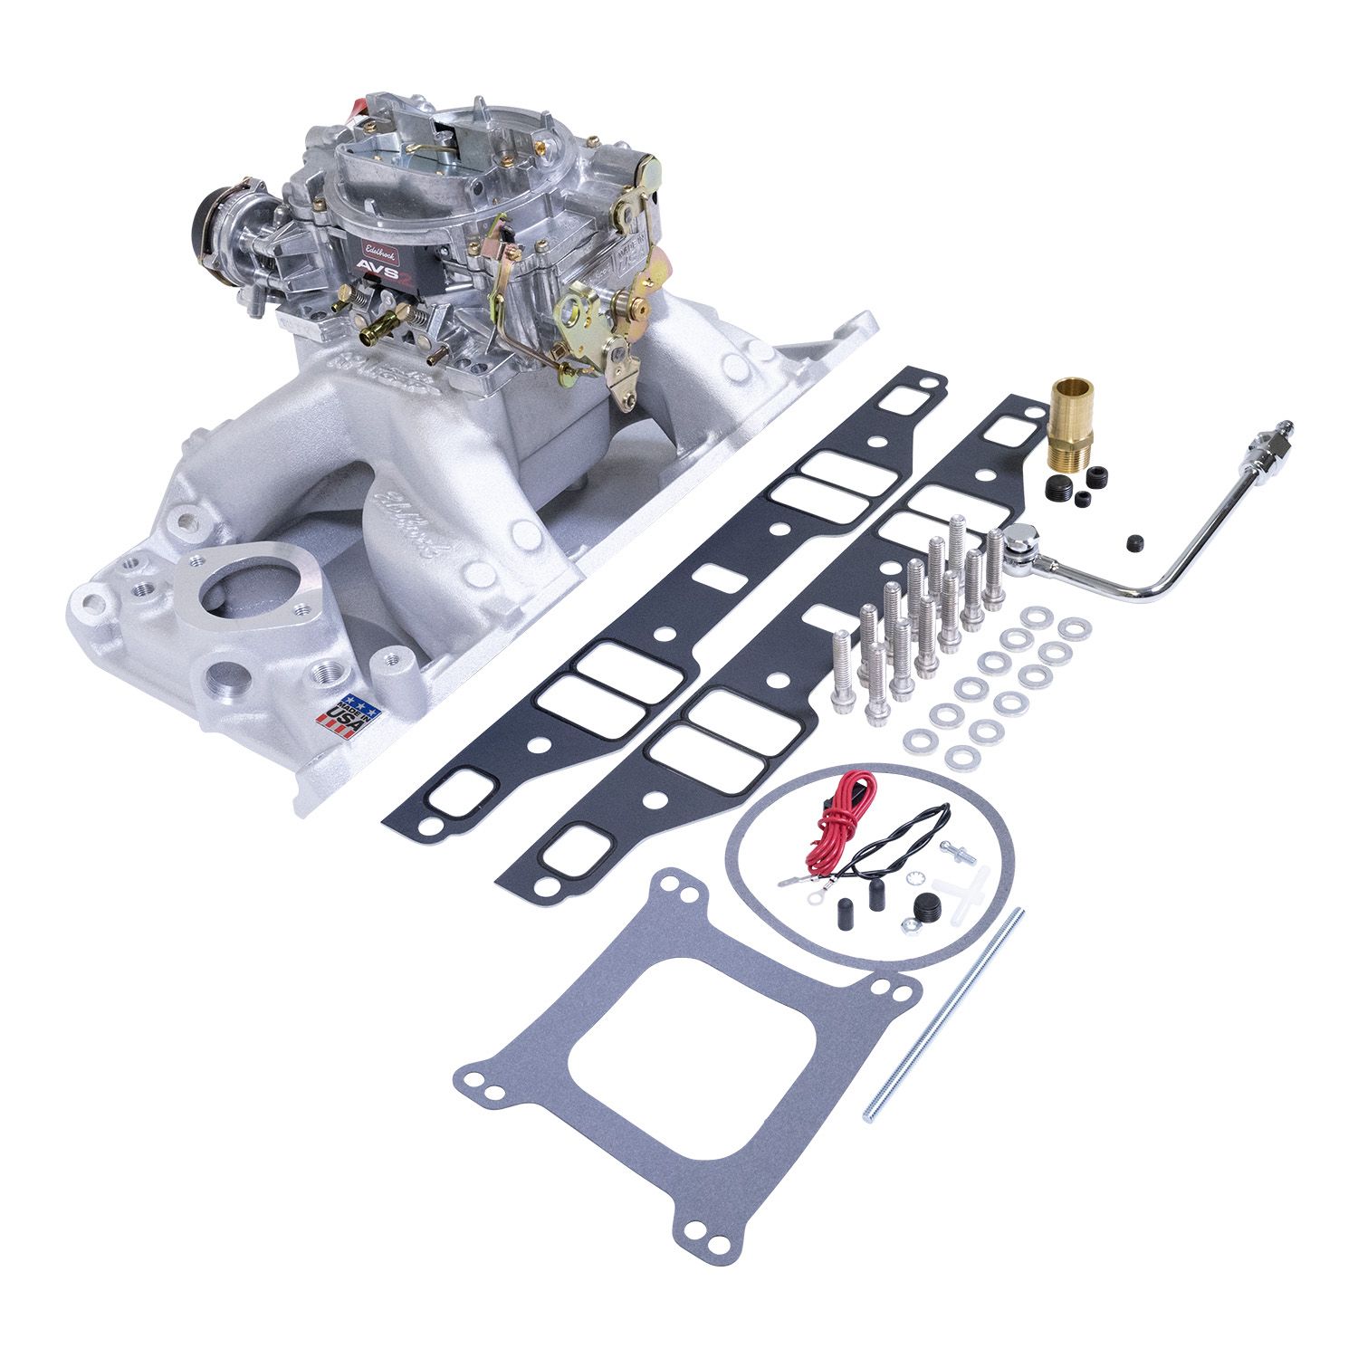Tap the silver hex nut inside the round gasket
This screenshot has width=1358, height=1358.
click(x=905, y=925)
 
